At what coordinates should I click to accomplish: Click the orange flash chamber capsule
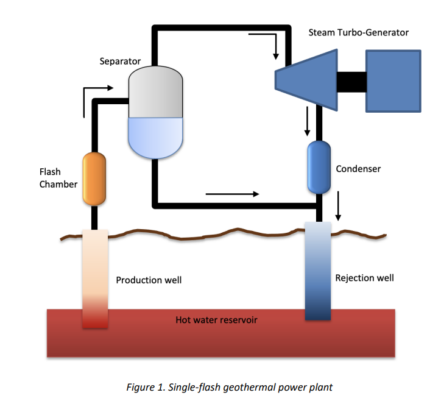pyautogui.click(x=94, y=178)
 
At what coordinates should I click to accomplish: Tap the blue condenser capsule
pyautogui.click(x=318, y=168)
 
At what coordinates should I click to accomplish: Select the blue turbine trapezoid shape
pyautogui.click(x=308, y=80)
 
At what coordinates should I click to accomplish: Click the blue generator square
pyautogui.click(x=393, y=80)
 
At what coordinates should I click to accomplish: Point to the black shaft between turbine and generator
pyautogui.click(x=351, y=80)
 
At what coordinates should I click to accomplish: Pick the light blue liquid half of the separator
pyautogui.click(x=156, y=135)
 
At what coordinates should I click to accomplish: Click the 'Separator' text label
pyautogui.click(x=120, y=62)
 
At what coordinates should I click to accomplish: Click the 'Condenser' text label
pyautogui.click(x=358, y=168)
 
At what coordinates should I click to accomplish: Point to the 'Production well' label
pyautogui.click(x=149, y=280)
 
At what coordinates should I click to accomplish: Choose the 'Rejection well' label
pyautogui.click(x=364, y=278)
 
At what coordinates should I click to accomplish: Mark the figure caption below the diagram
pyautogui.click(x=220, y=387)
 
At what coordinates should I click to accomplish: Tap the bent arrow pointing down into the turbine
pyautogui.click(x=266, y=44)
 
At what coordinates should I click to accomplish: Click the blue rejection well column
pyautogui.click(x=317, y=271)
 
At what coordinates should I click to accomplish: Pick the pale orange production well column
pyautogui.click(x=95, y=277)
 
